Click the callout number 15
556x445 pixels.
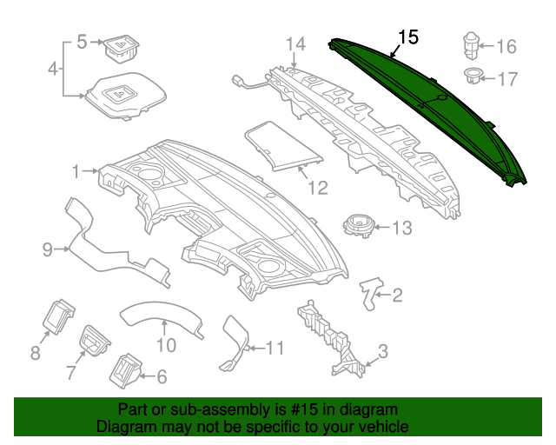click(408, 37)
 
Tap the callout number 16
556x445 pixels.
click(506, 47)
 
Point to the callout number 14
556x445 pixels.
click(296, 43)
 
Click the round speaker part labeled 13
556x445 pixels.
click(360, 224)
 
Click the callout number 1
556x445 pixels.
click(76, 171)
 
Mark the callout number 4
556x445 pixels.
click(53, 68)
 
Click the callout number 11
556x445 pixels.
click(274, 349)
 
